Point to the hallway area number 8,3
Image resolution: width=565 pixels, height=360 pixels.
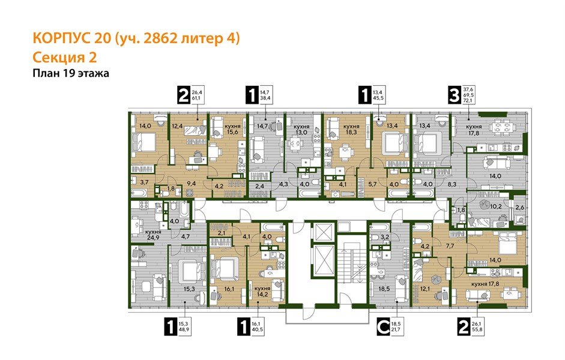(452, 185)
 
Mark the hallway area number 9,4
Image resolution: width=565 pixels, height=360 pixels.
(192, 185)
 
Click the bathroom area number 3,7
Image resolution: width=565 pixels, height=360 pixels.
(144, 182)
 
